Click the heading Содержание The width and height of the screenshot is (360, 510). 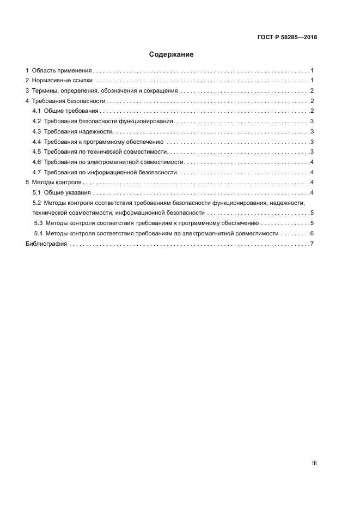(x=172, y=54)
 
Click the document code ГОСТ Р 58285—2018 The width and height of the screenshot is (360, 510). (x=287, y=38)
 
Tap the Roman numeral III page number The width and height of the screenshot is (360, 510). (x=314, y=463)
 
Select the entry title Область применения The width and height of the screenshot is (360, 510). (x=62, y=71)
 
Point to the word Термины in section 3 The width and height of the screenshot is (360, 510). (x=45, y=91)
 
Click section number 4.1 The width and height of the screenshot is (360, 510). (x=37, y=111)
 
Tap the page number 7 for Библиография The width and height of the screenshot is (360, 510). (x=311, y=244)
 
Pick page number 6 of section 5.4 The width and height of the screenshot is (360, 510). (x=311, y=234)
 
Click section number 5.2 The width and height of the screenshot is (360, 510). (x=37, y=203)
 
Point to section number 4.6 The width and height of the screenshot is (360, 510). (x=37, y=162)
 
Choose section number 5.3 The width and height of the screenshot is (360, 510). (x=39, y=223)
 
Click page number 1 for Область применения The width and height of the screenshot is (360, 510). (x=311, y=71)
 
